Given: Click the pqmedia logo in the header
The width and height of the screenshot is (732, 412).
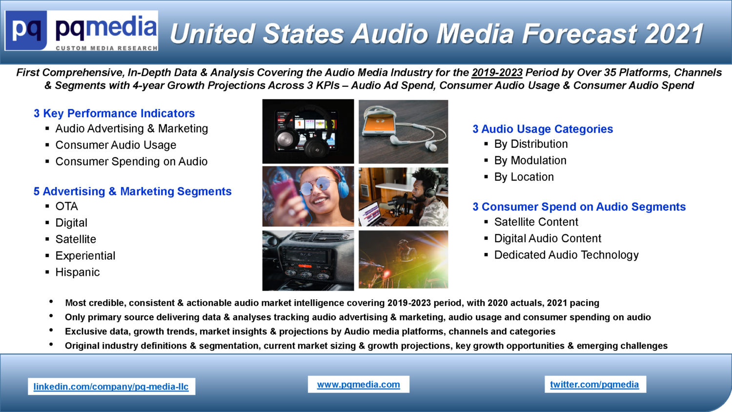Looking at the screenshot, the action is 81,30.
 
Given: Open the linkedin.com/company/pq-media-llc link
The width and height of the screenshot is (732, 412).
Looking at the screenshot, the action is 111,387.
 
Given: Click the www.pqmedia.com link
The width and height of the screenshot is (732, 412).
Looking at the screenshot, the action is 359,384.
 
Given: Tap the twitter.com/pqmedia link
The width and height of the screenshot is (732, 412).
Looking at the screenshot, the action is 594,384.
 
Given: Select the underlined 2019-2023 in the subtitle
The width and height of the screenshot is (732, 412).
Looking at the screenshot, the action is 497,72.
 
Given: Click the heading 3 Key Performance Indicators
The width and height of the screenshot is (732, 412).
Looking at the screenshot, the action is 114,113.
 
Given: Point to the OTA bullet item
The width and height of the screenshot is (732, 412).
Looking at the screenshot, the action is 67,206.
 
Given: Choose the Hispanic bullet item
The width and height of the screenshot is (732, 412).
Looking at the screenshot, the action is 78,272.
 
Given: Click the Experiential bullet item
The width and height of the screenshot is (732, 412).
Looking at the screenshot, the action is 85,256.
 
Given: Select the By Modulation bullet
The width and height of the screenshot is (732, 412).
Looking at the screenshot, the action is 530,160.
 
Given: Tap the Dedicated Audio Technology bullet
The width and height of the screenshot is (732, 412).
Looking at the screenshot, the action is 566,255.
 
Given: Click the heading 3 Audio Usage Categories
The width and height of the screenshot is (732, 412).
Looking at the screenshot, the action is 543,129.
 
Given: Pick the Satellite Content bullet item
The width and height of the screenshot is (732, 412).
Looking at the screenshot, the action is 536,222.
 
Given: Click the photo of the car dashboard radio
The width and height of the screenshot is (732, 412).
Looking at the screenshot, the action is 308,261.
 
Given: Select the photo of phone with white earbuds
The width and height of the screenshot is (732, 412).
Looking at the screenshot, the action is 403,131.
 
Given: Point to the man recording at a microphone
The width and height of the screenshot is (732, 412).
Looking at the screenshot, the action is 403,197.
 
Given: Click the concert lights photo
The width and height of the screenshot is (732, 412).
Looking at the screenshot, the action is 403,259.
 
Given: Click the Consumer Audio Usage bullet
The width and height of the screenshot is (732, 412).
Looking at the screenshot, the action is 116,145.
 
